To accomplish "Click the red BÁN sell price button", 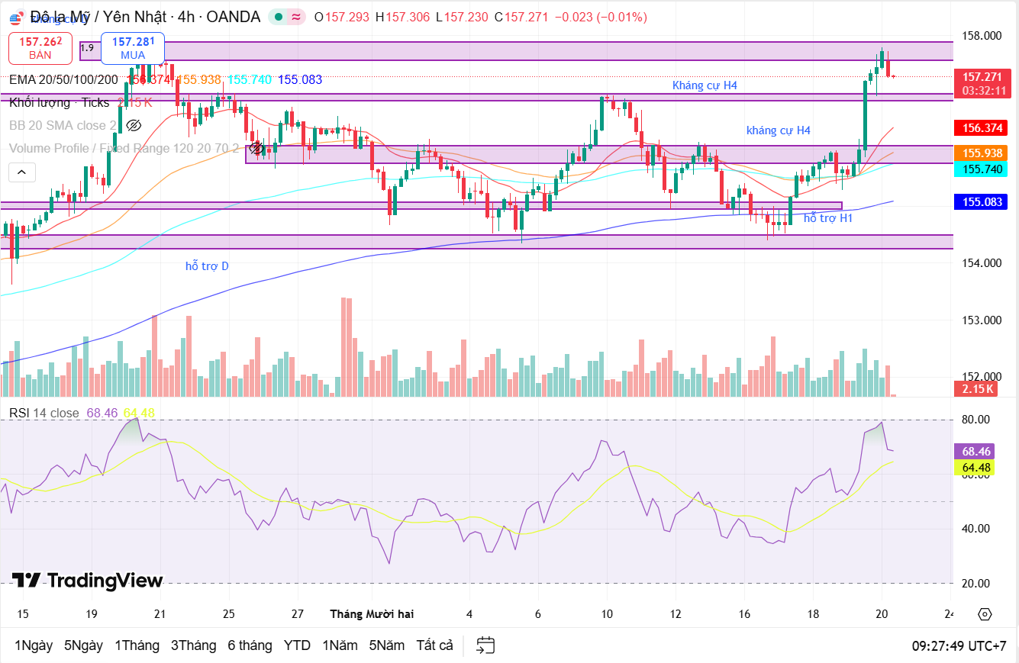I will pyautogui.click(x=40, y=48).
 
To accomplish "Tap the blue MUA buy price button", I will pyautogui.click(x=133, y=48).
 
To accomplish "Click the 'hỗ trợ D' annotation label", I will pyautogui.click(x=207, y=266).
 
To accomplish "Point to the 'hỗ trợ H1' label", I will pyautogui.click(x=828, y=218).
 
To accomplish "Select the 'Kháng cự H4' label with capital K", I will pyautogui.click(x=705, y=85).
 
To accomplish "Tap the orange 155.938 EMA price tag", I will pyautogui.click(x=982, y=153).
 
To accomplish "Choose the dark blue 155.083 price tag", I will pyautogui.click(x=982, y=202).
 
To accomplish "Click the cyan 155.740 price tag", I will pyautogui.click(x=982, y=169).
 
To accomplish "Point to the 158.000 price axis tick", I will pyautogui.click(x=982, y=36).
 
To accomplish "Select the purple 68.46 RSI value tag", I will pyautogui.click(x=976, y=452).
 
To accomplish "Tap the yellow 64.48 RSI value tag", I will pyautogui.click(x=976, y=468).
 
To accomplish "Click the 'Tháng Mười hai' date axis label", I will pyautogui.click(x=372, y=614).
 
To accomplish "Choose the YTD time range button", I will pyautogui.click(x=297, y=645).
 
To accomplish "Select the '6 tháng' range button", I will pyautogui.click(x=250, y=645).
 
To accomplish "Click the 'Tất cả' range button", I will pyautogui.click(x=434, y=645).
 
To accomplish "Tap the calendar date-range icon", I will pyautogui.click(x=485, y=645).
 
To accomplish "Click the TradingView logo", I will pyautogui.click(x=88, y=581).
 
